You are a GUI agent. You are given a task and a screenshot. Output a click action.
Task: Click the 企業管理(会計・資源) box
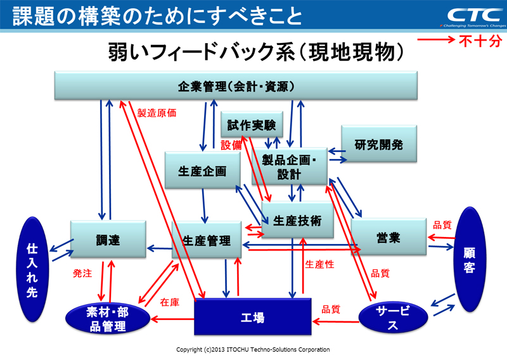(236, 86)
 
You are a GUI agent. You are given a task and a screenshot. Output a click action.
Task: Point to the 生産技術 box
(297, 221)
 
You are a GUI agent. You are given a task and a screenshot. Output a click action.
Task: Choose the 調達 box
(108, 240)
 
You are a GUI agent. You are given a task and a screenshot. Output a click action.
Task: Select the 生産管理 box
(207, 240)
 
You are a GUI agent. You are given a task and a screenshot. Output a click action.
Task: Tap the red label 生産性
(319, 264)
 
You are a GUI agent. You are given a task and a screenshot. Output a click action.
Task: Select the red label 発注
(83, 274)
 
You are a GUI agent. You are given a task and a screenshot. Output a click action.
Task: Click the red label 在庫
(170, 302)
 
